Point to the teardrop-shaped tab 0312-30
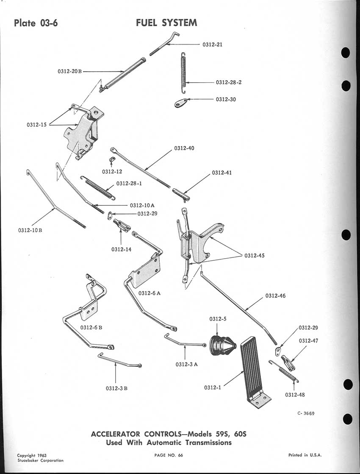click(x=182, y=103)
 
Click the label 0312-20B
click(x=69, y=71)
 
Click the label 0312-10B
click(x=30, y=230)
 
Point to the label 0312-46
click(x=276, y=296)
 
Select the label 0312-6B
click(x=91, y=327)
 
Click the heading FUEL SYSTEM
click(x=166, y=23)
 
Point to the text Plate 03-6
click(x=36, y=23)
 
